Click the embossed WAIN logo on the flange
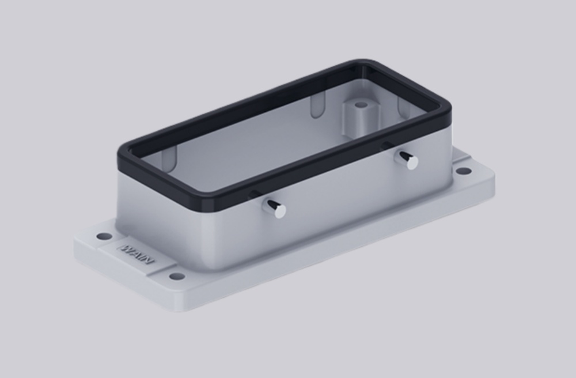tap(137, 254)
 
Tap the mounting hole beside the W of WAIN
tap(103, 236)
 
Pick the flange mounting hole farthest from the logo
tap(463, 171)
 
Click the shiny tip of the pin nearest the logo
tap(279, 211)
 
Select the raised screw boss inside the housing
tap(360, 115)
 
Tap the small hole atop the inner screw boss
tap(361, 105)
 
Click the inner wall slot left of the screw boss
tap(316, 105)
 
